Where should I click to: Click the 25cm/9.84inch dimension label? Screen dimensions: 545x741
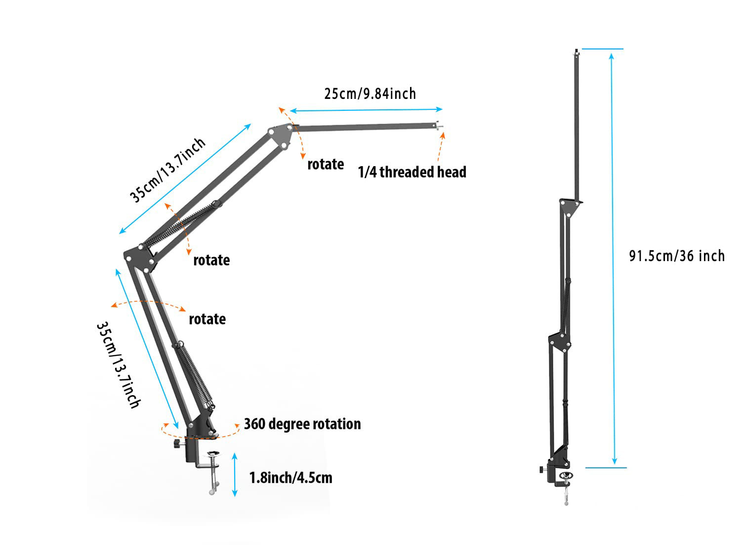[x=370, y=93]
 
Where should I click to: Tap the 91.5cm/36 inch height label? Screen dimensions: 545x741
[x=676, y=256]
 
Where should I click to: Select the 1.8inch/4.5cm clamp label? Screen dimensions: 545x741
[x=290, y=478]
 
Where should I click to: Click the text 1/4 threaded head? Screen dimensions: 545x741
[x=412, y=172]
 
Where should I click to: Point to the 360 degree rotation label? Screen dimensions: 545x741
[x=302, y=424]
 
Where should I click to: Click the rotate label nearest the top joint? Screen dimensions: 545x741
[x=326, y=164]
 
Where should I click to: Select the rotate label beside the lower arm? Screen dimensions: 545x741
[x=207, y=319]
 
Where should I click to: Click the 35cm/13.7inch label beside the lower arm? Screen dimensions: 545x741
[x=118, y=365]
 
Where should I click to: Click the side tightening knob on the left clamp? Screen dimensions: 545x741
[x=176, y=445]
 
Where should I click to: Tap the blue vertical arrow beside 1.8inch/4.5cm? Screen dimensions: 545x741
[x=235, y=474]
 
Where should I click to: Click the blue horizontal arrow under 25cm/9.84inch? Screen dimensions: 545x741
[x=366, y=110]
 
